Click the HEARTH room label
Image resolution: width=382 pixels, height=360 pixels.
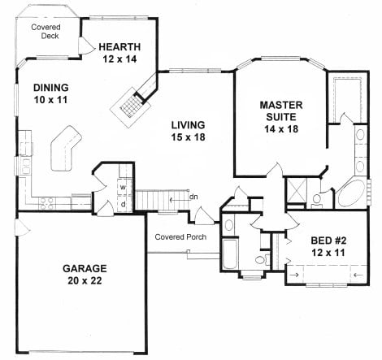[x=119, y=47]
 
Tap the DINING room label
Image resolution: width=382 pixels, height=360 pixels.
[x=51, y=88]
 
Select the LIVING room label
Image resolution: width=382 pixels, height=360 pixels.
[x=188, y=125]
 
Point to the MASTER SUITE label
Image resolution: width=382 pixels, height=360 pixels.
[x=281, y=111]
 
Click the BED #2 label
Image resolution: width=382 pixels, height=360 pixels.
[x=328, y=241]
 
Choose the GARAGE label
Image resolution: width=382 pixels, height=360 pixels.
[x=85, y=268]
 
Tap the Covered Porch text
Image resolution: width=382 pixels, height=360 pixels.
[x=180, y=237]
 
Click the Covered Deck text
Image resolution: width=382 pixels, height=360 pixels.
[x=46, y=31]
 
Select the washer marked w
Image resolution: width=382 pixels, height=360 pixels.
[x=124, y=188]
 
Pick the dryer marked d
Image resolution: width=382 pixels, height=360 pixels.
[x=124, y=204]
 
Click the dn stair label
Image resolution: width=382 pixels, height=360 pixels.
[x=193, y=197]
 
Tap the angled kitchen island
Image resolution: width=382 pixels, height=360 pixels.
[x=66, y=149]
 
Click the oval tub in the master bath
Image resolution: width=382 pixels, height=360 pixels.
[x=352, y=193]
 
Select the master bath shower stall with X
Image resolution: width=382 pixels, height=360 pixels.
[x=297, y=190]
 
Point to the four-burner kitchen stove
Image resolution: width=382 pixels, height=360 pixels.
[x=47, y=204]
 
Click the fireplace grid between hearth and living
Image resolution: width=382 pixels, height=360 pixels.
[x=131, y=106]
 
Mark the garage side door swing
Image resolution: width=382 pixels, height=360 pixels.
[x=23, y=227]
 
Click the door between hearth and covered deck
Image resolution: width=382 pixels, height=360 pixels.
[x=86, y=46]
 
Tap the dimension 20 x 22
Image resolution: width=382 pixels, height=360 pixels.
[x=85, y=280]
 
